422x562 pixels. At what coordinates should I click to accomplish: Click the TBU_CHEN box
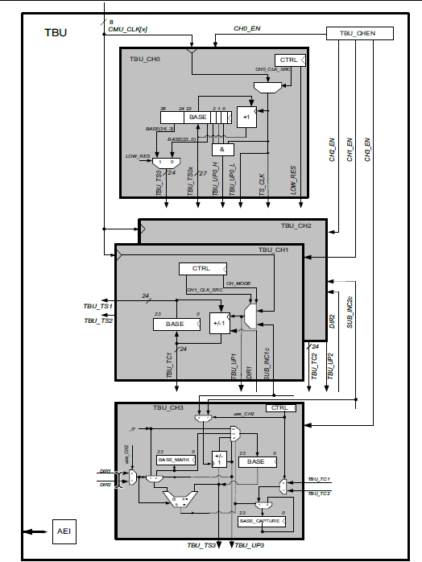pos(360,33)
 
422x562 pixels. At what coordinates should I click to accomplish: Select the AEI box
pos(64,531)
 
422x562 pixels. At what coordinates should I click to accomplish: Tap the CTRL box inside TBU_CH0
pos(289,60)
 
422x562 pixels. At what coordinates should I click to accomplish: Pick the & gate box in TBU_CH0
pos(223,149)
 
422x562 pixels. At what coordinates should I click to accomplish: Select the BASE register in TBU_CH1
pos(176,324)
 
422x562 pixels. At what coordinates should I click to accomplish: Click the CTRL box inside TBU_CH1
pos(202,268)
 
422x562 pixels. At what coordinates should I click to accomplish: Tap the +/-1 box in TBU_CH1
pos(218,324)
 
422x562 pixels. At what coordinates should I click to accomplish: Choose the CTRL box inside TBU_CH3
pos(279,408)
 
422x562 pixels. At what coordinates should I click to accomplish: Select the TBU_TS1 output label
pos(99,306)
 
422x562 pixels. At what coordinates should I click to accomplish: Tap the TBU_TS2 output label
pos(99,320)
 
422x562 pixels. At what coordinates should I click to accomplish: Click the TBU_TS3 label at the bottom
pos(202,546)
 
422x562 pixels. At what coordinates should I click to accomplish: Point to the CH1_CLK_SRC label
pos(205,290)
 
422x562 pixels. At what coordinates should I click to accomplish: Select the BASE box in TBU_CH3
pos(256,462)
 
